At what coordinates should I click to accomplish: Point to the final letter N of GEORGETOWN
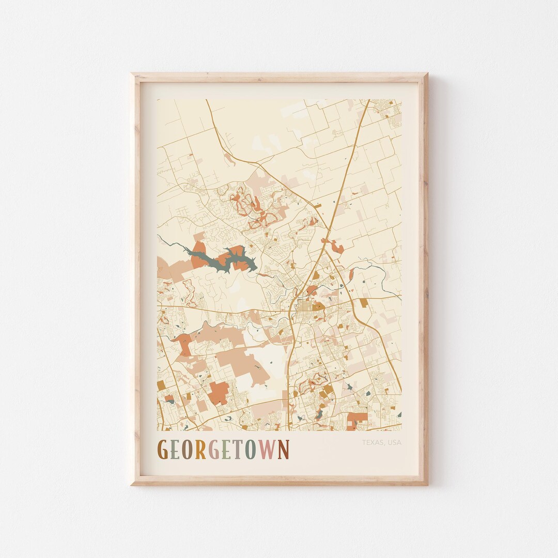283,450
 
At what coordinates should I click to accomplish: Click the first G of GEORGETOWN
162,450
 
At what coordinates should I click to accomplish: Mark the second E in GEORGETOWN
225,450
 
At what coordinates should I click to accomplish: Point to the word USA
394,443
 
